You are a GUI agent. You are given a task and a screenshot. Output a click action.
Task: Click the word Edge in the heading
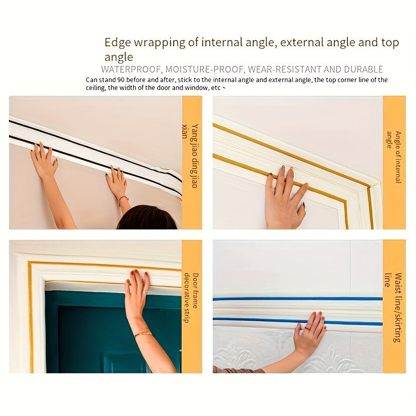116,42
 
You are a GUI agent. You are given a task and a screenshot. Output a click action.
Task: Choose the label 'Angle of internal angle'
394,157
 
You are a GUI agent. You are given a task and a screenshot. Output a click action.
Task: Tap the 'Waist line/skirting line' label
394,307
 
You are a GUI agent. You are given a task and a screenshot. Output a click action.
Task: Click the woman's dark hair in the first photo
147,218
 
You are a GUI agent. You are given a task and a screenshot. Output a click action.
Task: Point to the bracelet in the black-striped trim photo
123,198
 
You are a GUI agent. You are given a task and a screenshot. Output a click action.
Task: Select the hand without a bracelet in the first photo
44,161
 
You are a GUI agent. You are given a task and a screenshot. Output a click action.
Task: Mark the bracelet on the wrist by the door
142,334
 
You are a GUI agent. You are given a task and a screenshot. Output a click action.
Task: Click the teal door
83,333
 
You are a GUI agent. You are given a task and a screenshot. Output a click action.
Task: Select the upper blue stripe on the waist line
296,299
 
